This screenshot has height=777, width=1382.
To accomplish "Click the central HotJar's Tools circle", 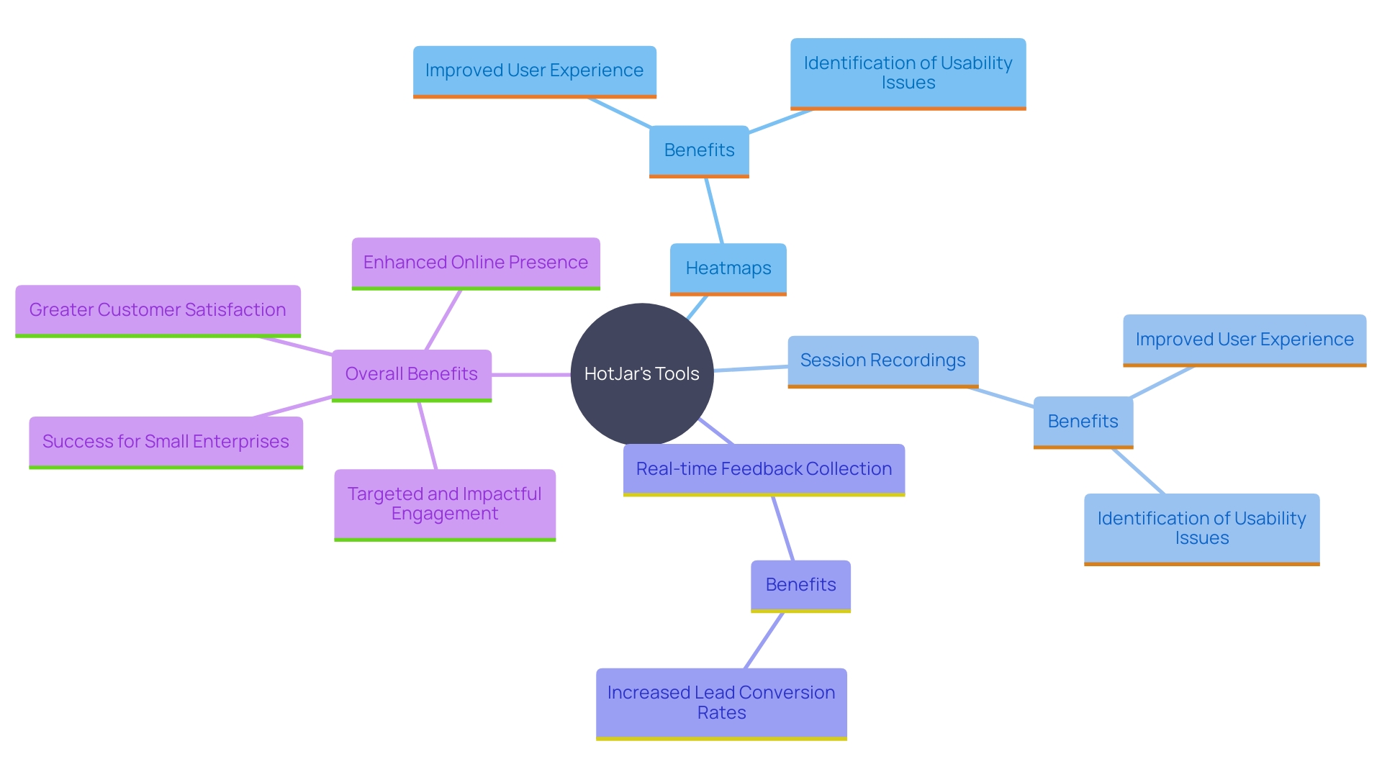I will (641, 373).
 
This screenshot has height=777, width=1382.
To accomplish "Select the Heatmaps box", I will (728, 268).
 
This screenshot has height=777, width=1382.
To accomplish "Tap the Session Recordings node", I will (882, 360).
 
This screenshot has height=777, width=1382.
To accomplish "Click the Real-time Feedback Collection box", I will (764, 469).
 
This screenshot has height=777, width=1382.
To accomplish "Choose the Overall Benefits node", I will (411, 374).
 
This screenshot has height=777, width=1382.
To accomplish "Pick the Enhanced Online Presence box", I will (475, 263).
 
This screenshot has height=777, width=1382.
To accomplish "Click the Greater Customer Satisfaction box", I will (158, 310).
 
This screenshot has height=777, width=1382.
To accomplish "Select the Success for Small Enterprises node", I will (166, 442).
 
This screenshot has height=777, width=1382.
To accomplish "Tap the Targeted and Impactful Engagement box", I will (445, 504).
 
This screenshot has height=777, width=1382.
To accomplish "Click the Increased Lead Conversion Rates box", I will (721, 703).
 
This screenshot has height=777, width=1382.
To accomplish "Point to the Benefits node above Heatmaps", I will (699, 150).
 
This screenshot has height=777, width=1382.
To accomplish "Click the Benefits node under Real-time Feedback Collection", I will (800, 585).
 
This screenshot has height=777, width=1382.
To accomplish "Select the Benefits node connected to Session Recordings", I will (1083, 422).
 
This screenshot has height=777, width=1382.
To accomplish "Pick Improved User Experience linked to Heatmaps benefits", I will (534, 71).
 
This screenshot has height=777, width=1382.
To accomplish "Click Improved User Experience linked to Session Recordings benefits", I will (1244, 340).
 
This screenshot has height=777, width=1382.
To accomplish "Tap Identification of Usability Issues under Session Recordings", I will (1201, 528).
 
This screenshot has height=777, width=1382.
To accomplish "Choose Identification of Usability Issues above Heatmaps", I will (908, 73).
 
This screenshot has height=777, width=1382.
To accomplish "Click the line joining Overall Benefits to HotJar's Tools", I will (531, 375).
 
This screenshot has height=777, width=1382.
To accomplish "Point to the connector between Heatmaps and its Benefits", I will (714, 211).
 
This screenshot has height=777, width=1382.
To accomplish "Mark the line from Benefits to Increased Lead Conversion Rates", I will (764, 640).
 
